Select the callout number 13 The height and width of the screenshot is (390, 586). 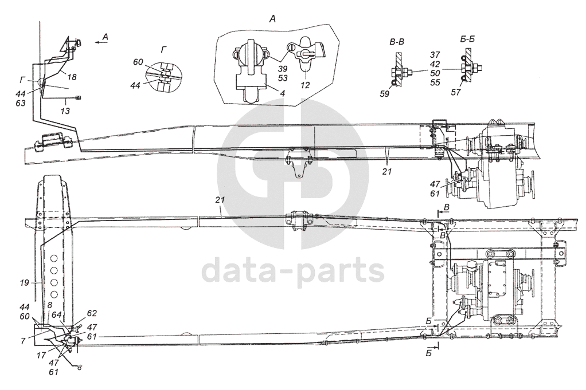tap(67, 111)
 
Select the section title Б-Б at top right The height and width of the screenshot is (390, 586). tap(470, 41)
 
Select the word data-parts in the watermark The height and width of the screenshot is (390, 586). tap(294, 270)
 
